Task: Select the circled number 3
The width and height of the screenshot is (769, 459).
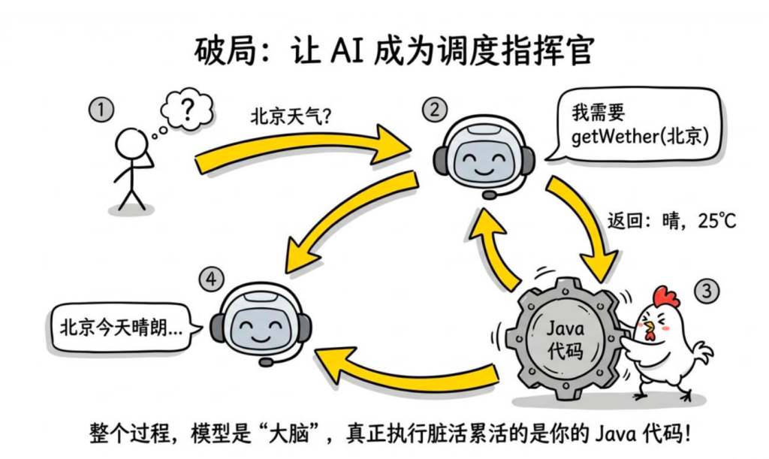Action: point(705,290)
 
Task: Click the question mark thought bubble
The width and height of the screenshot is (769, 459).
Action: point(188,113)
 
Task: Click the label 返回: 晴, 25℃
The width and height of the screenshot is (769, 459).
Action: point(671,222)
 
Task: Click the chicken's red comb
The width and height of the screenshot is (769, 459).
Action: point(665,295)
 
